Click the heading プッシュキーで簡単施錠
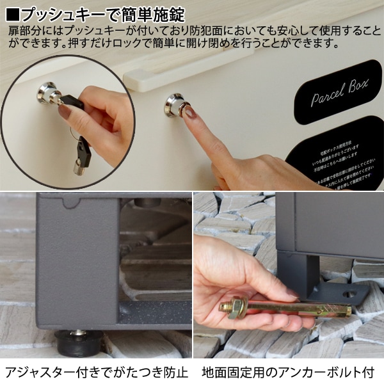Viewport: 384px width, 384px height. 106,12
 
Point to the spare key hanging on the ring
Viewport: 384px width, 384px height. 82,156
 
